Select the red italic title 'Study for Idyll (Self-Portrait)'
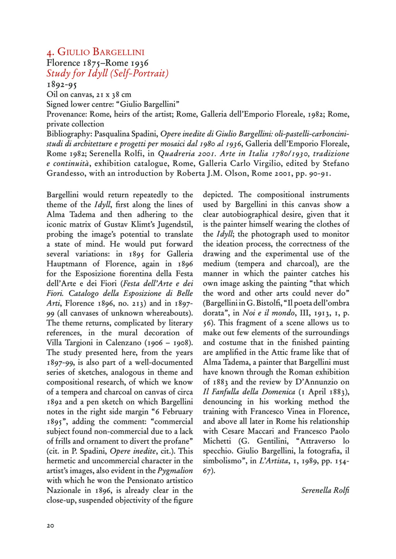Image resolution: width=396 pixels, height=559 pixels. click(108, 73)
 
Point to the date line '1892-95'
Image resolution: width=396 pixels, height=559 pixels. click(61, 84)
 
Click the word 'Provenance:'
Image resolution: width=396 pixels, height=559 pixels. click(67, 114)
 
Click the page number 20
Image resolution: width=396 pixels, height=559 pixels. click(50, 526)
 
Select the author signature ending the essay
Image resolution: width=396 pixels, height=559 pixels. click(325, 491)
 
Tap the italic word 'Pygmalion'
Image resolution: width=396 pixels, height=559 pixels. click(175, 471)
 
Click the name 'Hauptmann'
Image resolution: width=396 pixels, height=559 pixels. click(65, 264)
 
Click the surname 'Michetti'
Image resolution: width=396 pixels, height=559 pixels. click(217, 441)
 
